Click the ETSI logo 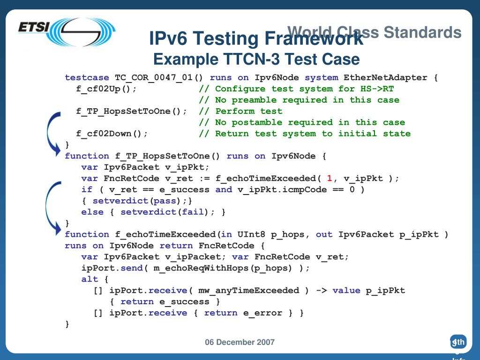coord(66,31)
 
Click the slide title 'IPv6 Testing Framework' coord(256,38)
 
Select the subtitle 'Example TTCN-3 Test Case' coord(256,60)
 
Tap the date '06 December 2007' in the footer coord(240,342)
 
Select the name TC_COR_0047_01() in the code coord(159,77)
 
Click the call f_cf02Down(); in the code coord(112,134)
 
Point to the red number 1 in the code coord(330,178)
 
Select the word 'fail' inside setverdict coord(193,212)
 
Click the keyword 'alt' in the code coord(90,279)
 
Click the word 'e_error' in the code coord(262,313)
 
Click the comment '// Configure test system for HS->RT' coord(296,89)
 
